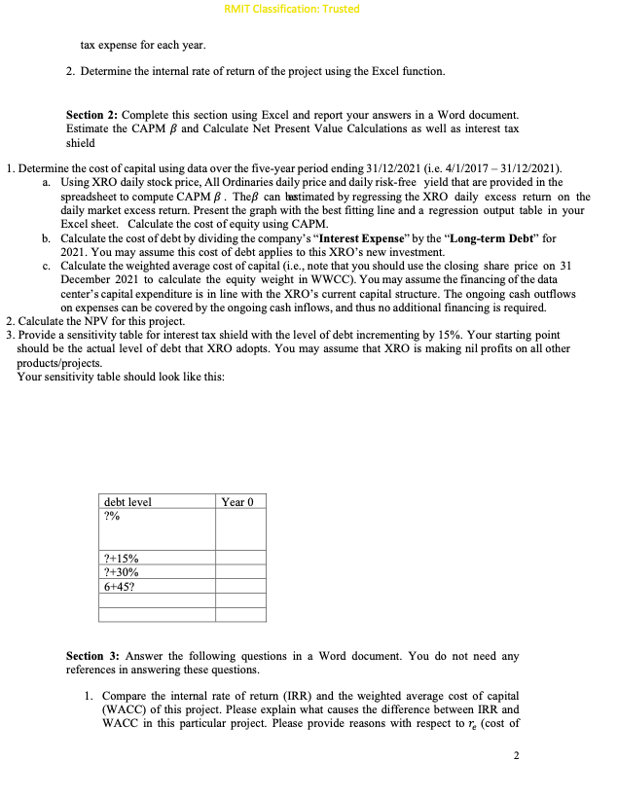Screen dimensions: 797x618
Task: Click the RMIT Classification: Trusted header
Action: [x=292, y=9]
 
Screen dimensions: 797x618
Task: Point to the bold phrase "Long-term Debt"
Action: [x=504, y=237]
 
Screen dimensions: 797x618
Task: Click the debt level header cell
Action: [x=127, y=502]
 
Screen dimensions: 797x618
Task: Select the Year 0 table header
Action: [x=237, y=502]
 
